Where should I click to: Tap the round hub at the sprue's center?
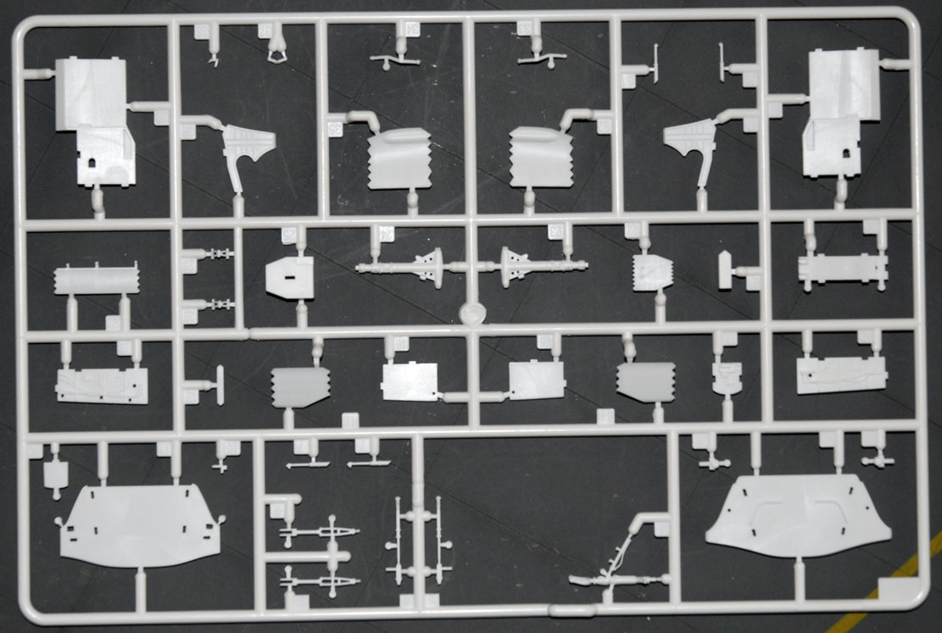[472, 313]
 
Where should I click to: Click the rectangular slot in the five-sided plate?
[289, 277]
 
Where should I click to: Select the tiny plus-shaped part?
[221, 464]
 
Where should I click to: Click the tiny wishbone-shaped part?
[277, 55]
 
